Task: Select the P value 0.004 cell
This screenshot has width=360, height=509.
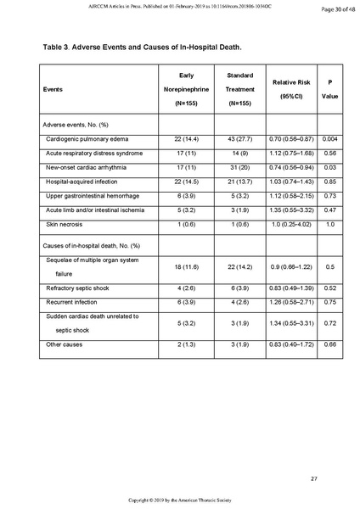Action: [x=329, y=138]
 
